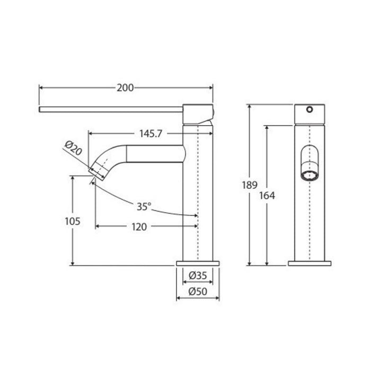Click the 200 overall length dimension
pyautogui.click(x=125, y=88)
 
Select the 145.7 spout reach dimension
pyautogui.click(x=151, y=134)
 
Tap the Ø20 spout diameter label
pyautogui.click(x=73, y=148)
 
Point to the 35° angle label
pyautogui.click(x=144, y=207)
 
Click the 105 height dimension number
pyautogui.click(x=73, y=222)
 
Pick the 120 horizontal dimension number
pyautogui.click(x=139, y=227)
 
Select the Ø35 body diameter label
pyautogui.click(x=198, y=276)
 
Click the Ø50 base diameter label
pyautogui.click(x=198, y=291)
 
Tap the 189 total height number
pyautogui.click(x=250, y=185)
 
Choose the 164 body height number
pyautogui.click(x=267, y=196)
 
